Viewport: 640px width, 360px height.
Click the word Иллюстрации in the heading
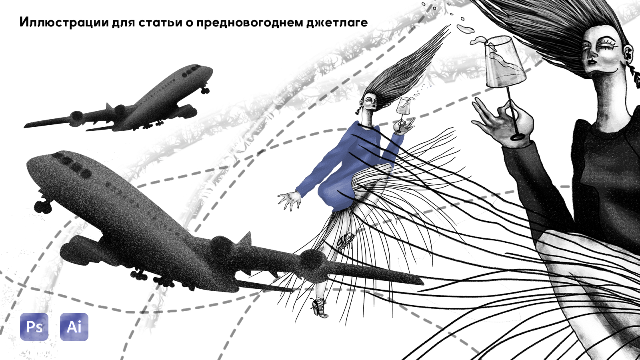[x=63, y=22]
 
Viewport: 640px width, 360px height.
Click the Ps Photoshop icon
[x=34, y=326]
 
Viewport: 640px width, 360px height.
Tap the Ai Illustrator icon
[x=74, y=326]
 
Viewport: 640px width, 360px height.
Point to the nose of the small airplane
[x=210, y=71]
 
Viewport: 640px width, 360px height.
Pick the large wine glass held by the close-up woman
[x=504, y=86]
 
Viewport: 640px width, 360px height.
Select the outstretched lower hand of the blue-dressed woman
[x=290, y=200]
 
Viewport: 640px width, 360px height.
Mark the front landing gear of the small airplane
[x=205, y=90]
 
